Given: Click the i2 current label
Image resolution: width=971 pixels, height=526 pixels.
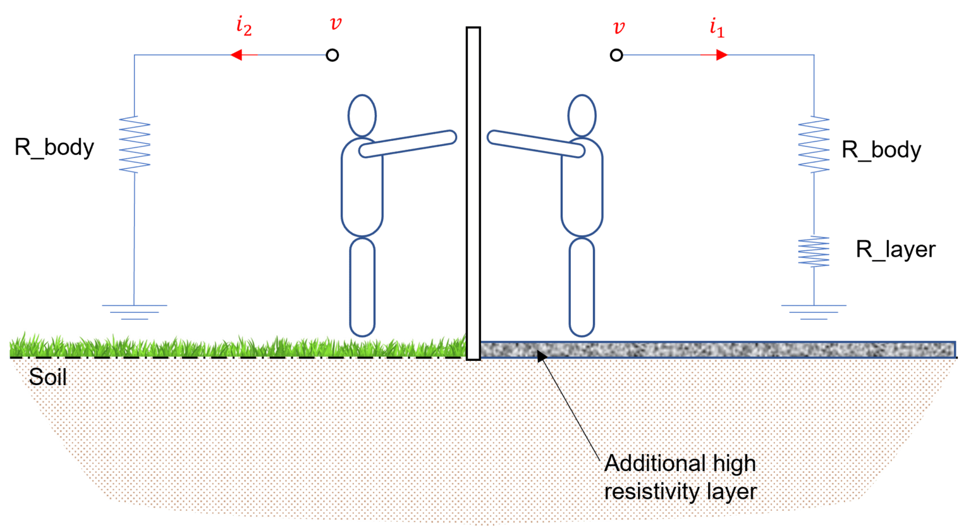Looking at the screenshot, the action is (244, 26).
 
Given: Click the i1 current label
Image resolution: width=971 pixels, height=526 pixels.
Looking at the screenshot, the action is (717, 28).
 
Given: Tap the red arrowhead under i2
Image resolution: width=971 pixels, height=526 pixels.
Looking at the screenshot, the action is (236, 55).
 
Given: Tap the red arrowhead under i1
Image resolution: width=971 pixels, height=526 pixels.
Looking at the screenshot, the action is (722, 55).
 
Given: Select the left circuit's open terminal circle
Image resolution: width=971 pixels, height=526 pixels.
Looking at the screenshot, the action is (332, 55).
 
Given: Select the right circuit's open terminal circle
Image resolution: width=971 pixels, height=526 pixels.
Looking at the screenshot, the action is (616, 55).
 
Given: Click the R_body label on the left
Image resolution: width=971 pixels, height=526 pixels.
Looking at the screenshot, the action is (54, 147).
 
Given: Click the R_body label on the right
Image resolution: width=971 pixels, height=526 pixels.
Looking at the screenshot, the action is (881, 150).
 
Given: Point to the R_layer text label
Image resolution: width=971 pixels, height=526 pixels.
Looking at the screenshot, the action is (896, 249).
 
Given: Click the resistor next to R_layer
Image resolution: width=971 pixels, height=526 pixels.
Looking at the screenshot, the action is (814, 252).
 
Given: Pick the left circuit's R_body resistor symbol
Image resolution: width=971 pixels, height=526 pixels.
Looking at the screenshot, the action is (135, 144).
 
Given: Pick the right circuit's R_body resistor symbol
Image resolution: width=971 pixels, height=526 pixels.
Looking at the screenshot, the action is (814, 144).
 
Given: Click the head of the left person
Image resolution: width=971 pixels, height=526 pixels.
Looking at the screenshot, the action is (362, 116).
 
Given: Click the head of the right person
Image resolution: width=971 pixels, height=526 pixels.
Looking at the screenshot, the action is (582, 116).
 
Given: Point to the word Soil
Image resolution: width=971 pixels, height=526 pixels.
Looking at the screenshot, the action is (47, 377).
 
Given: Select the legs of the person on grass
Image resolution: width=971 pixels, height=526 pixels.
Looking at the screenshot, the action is (362, 287).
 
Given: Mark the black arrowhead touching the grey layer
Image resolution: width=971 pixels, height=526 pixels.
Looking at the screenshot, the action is (541, 356).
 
